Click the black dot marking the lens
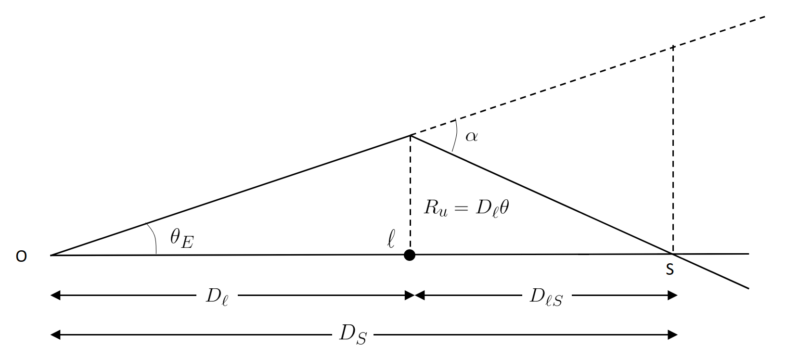pyautogui.click(x=410, y=255)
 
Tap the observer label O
pyautogui.click(x=21, y=257)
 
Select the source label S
pyautogui.click(x=670, y=270)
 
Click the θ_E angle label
pyautogui.click(x=181, y=238)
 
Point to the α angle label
pyautogui.click(x=471, y=137)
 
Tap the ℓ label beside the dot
pyautogui.click(x=391, y=239)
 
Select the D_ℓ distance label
pyautogui.click(x=217, y=296)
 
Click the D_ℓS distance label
pyautogui.click(x=546, y=296)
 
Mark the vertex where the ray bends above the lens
pyautogui.click(x=411, y=135)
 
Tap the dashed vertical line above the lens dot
pyautogui.click(x=410, y=193)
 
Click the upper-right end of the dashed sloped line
pyautogui.click(x=764, y=17)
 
